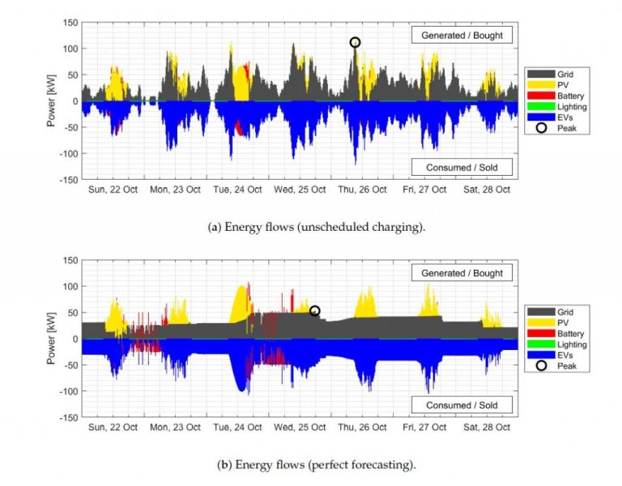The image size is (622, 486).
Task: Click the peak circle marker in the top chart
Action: pyautogui.click(x=355, y=42)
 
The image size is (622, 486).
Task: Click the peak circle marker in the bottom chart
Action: pyautogui.click(x=315, y=311)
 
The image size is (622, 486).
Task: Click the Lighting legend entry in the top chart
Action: pyautogui.click(x=559, y=107)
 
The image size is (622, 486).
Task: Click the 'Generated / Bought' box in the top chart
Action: pyautogui.click(x=462, y=35)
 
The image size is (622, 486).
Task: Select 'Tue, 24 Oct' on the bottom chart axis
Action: pyautogui.click(x=236, y=427)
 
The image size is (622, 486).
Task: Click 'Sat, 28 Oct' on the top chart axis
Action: pyautogui.click(x=484, y=190)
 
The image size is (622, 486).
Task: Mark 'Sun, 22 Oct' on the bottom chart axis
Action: pyautogui.click(x=110, y=427)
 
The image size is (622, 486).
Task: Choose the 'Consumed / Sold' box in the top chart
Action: pyautogui.click(x=462, y=168)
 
